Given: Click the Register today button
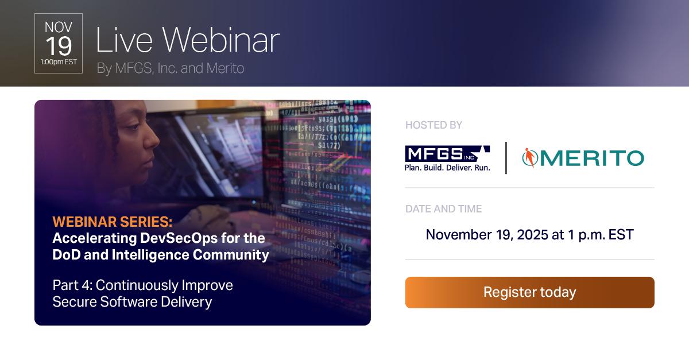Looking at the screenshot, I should [x=529, y=292].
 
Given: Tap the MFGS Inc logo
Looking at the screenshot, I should [x=447, y=154].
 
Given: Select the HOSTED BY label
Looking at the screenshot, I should [x=433, y=125].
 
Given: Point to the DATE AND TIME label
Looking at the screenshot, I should [x=443, y=209].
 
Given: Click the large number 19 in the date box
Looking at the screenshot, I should [x=59, y=46].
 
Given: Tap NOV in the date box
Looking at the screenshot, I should [x=59, y=27].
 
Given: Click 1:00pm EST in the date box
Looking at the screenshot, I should [x=59, y=62].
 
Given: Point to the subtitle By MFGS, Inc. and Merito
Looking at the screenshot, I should [x=171, y=68].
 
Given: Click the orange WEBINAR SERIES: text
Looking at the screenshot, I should [x=112, y=222].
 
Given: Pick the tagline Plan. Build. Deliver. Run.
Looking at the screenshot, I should [x=447, y=168].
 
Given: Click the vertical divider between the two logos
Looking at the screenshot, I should [x=506, y=157].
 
